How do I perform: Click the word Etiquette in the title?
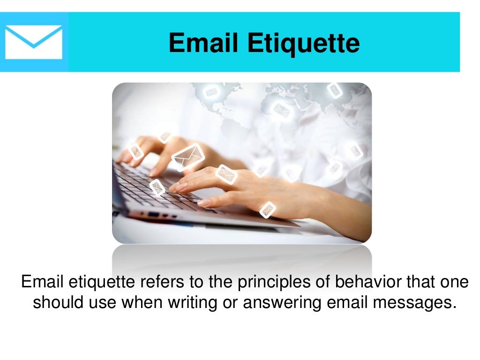(304, 43)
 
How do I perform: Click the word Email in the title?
(204, 43)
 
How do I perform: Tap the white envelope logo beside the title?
(34, 42)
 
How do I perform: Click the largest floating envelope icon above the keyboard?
(188, 157)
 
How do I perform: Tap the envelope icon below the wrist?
(268, 210)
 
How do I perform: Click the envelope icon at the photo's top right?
(335, 90)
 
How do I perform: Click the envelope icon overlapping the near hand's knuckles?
(226, 174)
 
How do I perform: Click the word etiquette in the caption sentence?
(99, 283)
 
